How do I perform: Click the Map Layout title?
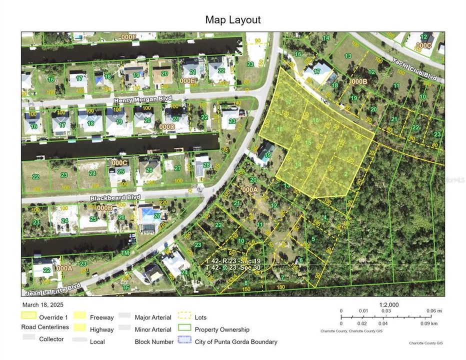(232, 20)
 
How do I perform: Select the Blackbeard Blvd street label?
(115, 198)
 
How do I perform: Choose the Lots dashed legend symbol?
(185, 316)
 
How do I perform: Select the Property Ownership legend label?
(222, 329)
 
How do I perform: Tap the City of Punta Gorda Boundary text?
(236, 342)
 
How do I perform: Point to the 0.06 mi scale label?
(431, 310)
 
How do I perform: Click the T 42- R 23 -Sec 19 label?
(239, 261)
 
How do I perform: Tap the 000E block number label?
(187, 80)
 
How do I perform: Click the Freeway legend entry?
(101, 317)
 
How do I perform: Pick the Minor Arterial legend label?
(152, 329)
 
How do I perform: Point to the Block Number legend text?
(154, 342)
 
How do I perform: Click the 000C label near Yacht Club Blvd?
(423, 45)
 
